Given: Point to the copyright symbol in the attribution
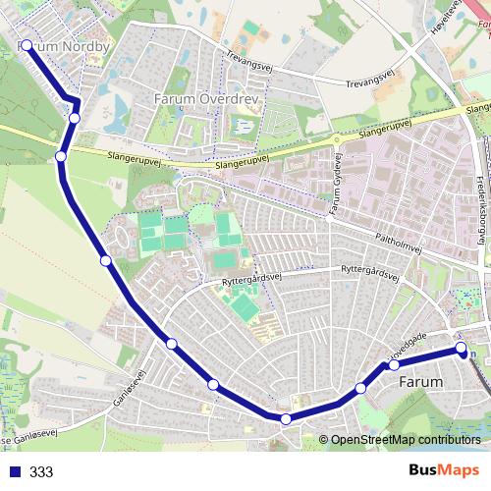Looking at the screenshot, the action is [324, 439].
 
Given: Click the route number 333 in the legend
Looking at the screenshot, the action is [41, 472].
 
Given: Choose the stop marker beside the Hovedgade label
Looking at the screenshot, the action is [394, 365].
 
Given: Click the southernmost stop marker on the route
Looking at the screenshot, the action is [286, 419].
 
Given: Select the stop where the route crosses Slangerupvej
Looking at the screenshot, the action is [61, 156].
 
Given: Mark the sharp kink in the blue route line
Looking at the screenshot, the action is [77, 100].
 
